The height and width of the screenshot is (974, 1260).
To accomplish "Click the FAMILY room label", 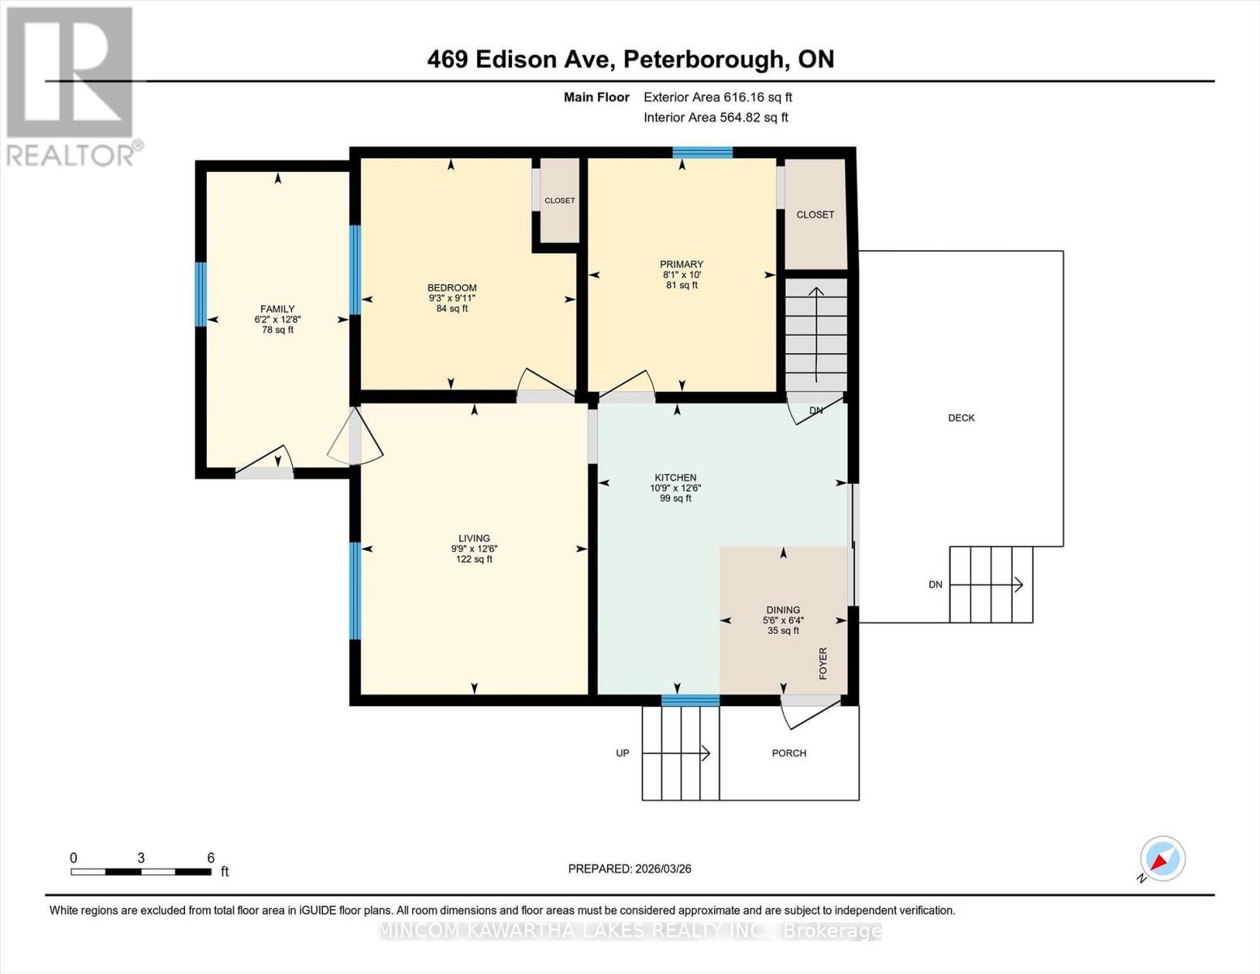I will pyautogui.click(x=277, y=309).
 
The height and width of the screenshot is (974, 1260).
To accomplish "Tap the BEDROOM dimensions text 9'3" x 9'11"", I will pyautogui.click(x=452, y=298).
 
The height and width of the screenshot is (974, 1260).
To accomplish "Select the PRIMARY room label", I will pyautogui.click(x=681, y=265).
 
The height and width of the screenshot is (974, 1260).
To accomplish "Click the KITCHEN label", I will pyautogui.click(x=675, y=478).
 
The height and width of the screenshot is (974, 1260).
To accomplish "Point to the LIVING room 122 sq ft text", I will pyautogui.click(x=474, y=559).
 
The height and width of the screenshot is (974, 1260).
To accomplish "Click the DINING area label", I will pyautogui.click(x=783, y=610).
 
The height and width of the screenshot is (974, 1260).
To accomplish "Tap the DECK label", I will pyautogui.click(x=961, y=418).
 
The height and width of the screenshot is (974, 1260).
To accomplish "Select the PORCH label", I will pyautogui.click(x=789, y=753).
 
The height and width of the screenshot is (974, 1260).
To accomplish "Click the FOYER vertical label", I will pyautogui.click(x=823, y=663).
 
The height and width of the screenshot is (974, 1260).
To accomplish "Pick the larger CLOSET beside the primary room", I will pyautogui.click(x=815, y=215).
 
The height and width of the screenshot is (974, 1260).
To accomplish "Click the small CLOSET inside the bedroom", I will pyautogui.click(x=559, y=200).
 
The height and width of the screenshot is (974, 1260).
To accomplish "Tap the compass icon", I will pyautogui.click(x=1162, y=859).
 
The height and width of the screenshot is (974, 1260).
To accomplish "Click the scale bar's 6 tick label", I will pyautogui.click(x=211, y=858).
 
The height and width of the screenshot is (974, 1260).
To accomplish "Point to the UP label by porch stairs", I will pyautogui.click(x=622, y=753).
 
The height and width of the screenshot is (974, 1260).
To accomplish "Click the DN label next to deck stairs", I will pyautogui.click(x=935, y=584).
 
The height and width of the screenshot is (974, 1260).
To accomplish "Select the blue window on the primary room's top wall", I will pyautogui.click(x=702, y=152).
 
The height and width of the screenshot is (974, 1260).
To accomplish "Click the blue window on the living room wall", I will pyautogui.click(x=355, y=591).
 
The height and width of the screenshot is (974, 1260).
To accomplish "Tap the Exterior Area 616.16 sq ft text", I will pyautogui.click(x=717, y=97).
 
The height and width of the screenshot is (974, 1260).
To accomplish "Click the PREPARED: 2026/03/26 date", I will pyautogui.click(x=630, y=868).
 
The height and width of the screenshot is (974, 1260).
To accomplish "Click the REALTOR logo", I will pyautogui.click(x=71, y=85).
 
